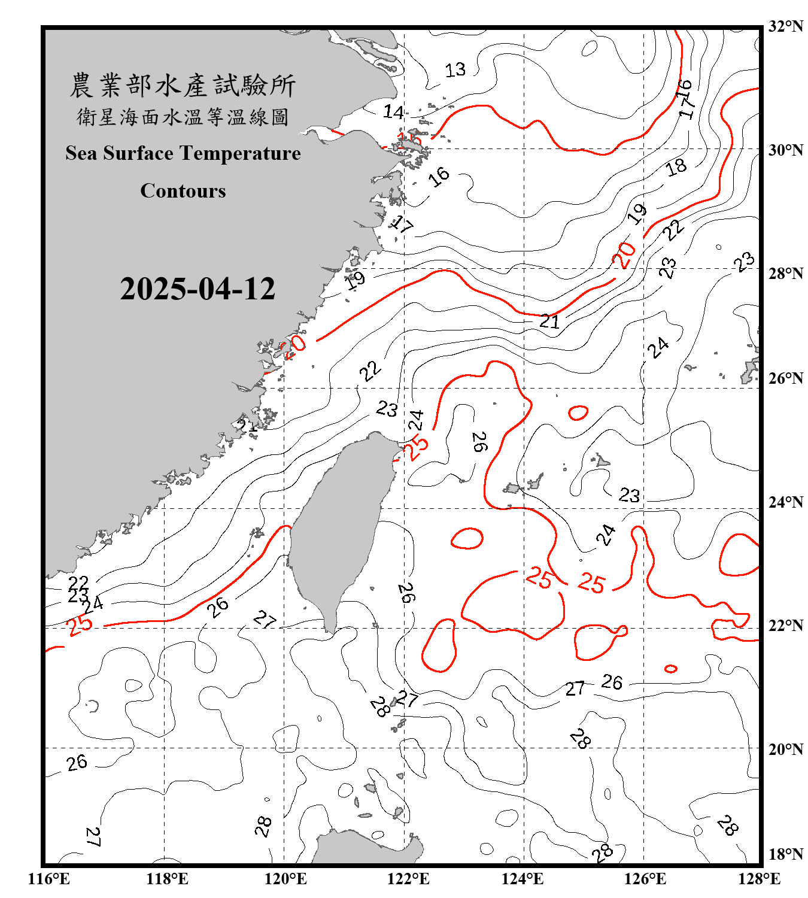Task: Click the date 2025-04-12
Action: point(198,289)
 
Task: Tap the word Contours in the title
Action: point(183,191)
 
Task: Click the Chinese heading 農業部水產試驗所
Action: point(183,86)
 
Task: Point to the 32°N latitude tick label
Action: point(785,26)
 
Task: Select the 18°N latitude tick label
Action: point(785,854)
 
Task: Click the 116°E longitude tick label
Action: point(49,879)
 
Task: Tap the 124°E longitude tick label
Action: point(523,879)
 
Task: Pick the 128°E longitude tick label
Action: point(759,879)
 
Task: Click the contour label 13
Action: point(455,70)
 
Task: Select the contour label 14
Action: point(393,112)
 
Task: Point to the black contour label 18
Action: point(676,167)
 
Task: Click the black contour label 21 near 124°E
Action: point(549,321)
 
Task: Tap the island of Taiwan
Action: point(341,527)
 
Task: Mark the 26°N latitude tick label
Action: point(785,378)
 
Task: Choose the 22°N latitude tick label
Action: point(785,626)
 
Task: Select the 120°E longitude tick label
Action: point(285,879)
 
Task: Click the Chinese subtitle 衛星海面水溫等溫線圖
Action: point(183,117)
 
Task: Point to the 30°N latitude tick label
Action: point(785,150)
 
